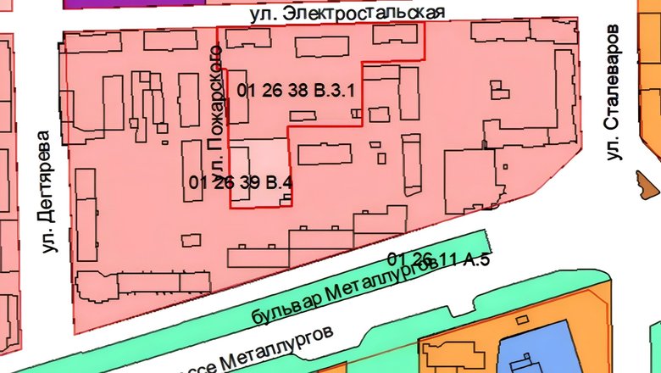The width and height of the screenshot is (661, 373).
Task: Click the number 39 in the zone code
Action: [x=248, y=181]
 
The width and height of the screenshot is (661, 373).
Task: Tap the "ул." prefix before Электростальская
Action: [x=260, y=15]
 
